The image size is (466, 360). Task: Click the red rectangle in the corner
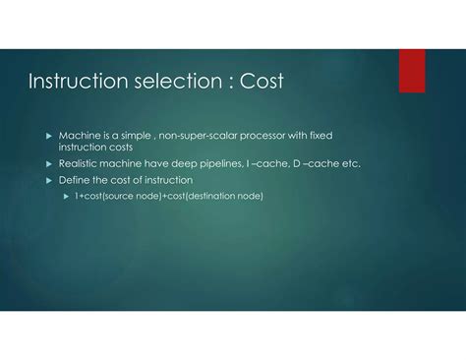tap(412, 71)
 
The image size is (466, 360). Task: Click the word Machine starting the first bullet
tap(78, 133)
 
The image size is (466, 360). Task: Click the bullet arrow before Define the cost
tap(50, 180)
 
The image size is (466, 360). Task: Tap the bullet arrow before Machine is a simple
tap(50, 133)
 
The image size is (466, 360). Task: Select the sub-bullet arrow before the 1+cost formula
tap(67, 196)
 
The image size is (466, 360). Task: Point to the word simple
tap(140, 133)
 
